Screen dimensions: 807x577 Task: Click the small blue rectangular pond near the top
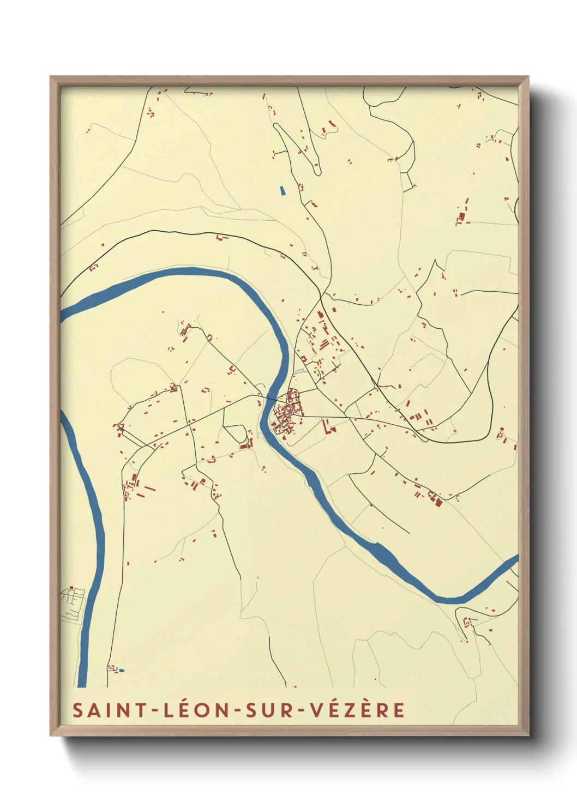[282, 191]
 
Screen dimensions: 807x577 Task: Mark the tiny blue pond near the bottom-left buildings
[122, 670]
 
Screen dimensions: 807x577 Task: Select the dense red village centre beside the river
[286, 414]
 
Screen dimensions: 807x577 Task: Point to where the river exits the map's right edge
[515, 560]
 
